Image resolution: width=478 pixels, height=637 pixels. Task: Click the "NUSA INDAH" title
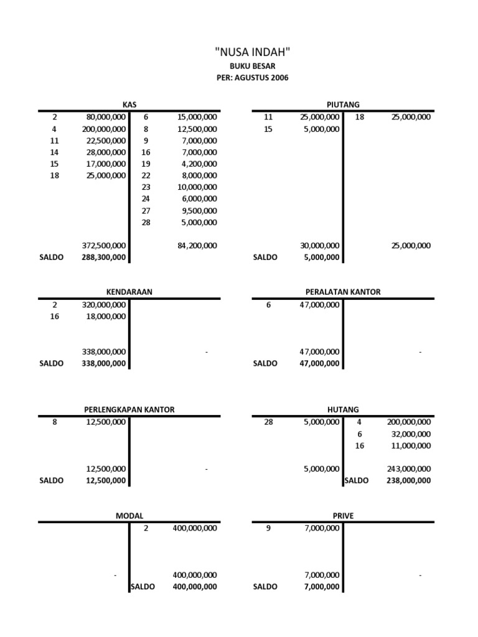[x=252, y=50]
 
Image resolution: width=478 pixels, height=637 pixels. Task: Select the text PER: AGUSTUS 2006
[x=252, y=78]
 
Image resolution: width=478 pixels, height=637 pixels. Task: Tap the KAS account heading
[x=129, y=105]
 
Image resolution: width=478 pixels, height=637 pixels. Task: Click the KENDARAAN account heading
[x=129, y=291]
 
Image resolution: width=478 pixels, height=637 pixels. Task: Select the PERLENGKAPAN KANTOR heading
[x=129, y=409]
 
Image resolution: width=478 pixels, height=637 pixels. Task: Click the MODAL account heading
[x=129, y=516]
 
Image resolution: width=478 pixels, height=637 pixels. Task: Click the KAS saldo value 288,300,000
[x=104, y=258]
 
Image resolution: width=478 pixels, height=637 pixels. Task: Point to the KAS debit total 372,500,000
[x=104, y=246]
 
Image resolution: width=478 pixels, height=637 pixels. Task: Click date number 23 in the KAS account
[x=146, y=187]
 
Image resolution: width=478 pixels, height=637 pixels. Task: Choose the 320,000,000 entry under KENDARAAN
[x=104, y=305]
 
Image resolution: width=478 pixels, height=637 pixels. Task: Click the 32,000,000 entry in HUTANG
[x=410, y=434]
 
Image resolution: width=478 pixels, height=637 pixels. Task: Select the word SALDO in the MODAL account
[x=143, y=587]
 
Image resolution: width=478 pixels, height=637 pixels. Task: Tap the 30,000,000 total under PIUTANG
[x=319, y=246]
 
